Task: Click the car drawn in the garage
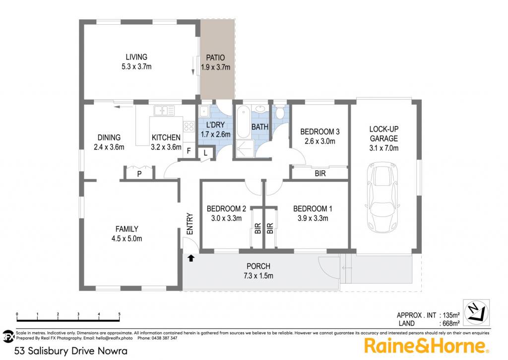click(x=382, y=197)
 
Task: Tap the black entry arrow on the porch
click(x=191, y=258)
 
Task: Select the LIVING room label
click(x=136, y=57)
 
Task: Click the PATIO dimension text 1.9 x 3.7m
click(x=215, y=67)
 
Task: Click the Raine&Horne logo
click(x=427, y=346)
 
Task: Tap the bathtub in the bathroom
click(x=243, y=122)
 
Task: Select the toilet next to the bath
click(x=280, y=112)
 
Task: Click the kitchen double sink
click(x=164, y=110)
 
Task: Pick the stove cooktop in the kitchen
click(x=189, y=126)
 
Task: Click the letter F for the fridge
click(x=189, y=151)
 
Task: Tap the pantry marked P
click(x=139, y=174)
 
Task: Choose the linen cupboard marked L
click(x=205, y=152)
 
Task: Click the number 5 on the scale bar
click(x=119, y=314)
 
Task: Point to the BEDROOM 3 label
click(x=320, y=132)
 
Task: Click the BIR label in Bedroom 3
click(x=320, y=173)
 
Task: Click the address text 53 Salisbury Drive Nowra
click(x=71, y=351)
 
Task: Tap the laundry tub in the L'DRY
click(x=204, y=111)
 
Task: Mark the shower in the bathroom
click(x=245, y=149)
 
